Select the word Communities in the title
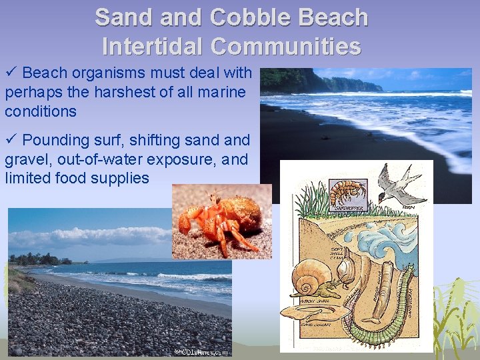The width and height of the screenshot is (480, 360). pyautogui.click(x=286, y=46)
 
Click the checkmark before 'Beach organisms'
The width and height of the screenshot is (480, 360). pyautogui.click(x=11, y=73)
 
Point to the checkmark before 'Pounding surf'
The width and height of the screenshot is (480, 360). pyautogui.click(x=11, y=140)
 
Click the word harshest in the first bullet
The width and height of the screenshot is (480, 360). pyautogui.click(x=125, y=92)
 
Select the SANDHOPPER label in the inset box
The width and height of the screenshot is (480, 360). pyautogui.click(x=349, y=207)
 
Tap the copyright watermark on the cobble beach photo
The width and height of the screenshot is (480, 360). pyautogui.click(x=201, y=351)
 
